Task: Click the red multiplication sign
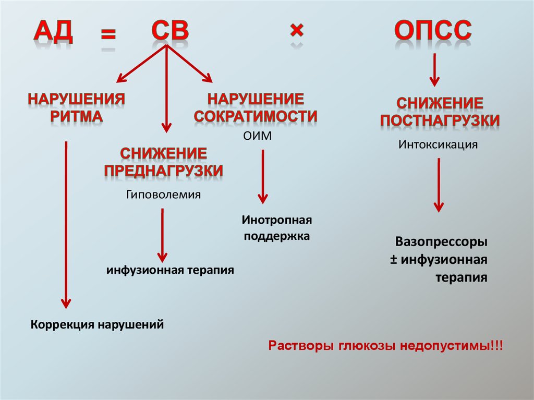coord(296,32)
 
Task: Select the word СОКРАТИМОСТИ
coord(256,116)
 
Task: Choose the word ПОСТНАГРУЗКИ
coord(440,121)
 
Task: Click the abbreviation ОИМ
coord(258,136)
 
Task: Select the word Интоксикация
coord(438,143)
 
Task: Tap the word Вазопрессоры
coord(441,243)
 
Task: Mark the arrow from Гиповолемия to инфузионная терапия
coord(163,235)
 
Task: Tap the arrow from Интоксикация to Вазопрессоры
coord(439,185)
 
